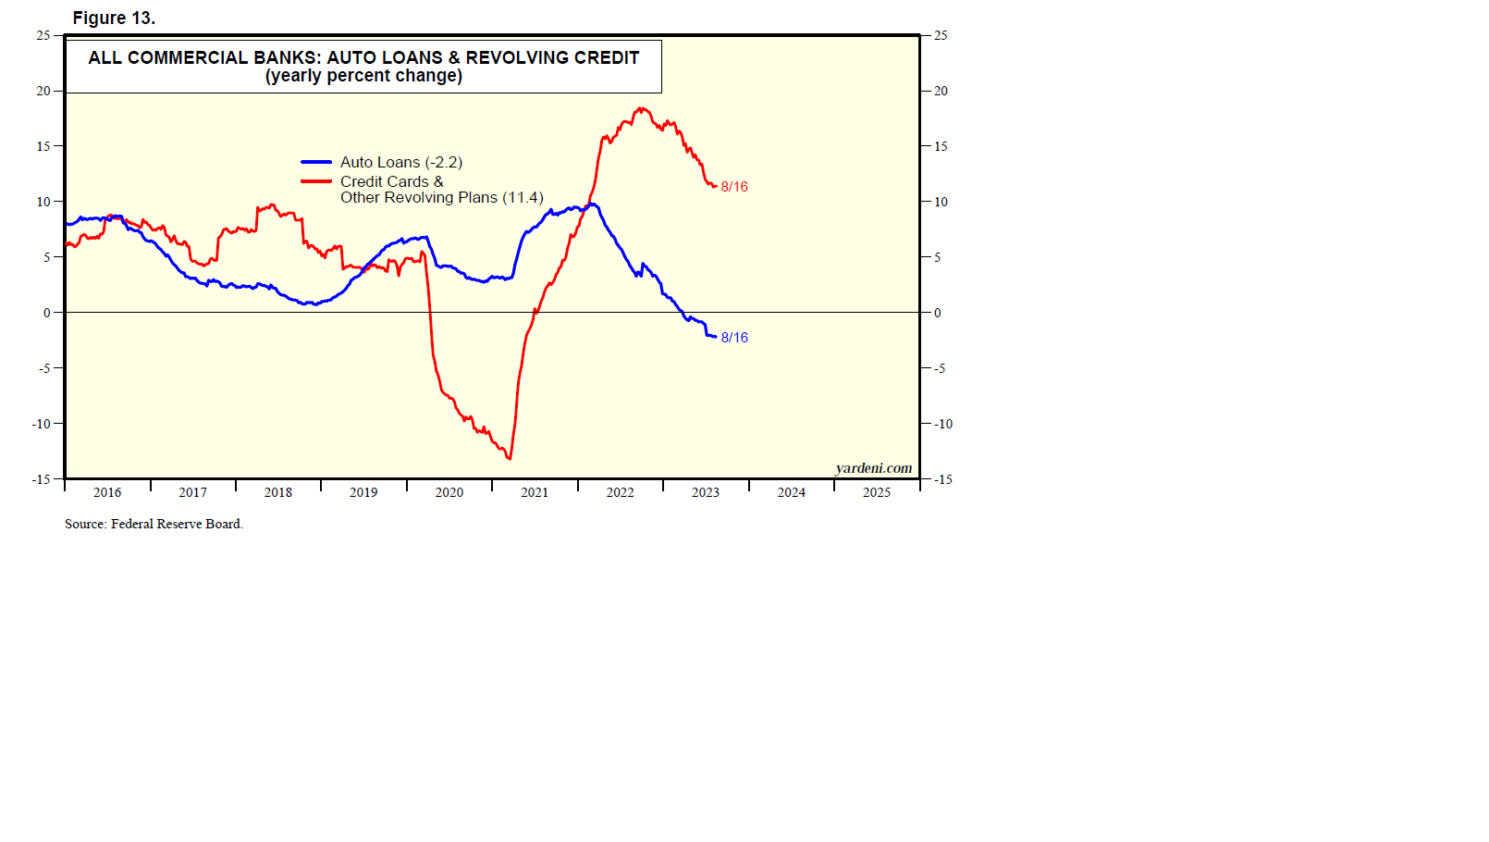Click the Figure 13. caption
click(114, 19)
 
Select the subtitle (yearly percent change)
click(363, 76)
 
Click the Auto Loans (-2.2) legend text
click(400, 162)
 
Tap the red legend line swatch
click(315, 181)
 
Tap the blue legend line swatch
click(315, 162)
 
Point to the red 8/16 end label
click(734, 187)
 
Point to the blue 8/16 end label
click(734, 338)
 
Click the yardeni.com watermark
click(873, 468)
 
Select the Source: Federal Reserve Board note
click(154, 524)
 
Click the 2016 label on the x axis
click(107, 492)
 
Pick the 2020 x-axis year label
click(449, 492)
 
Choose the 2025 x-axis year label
click(877, 492)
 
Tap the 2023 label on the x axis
click(706, 492)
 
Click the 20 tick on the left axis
click(43, 91)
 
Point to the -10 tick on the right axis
click(942, 424)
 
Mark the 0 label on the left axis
click(47, 313)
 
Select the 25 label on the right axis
click(941, 35)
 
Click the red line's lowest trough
click(510, 458)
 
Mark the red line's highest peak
click(641, 108)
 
